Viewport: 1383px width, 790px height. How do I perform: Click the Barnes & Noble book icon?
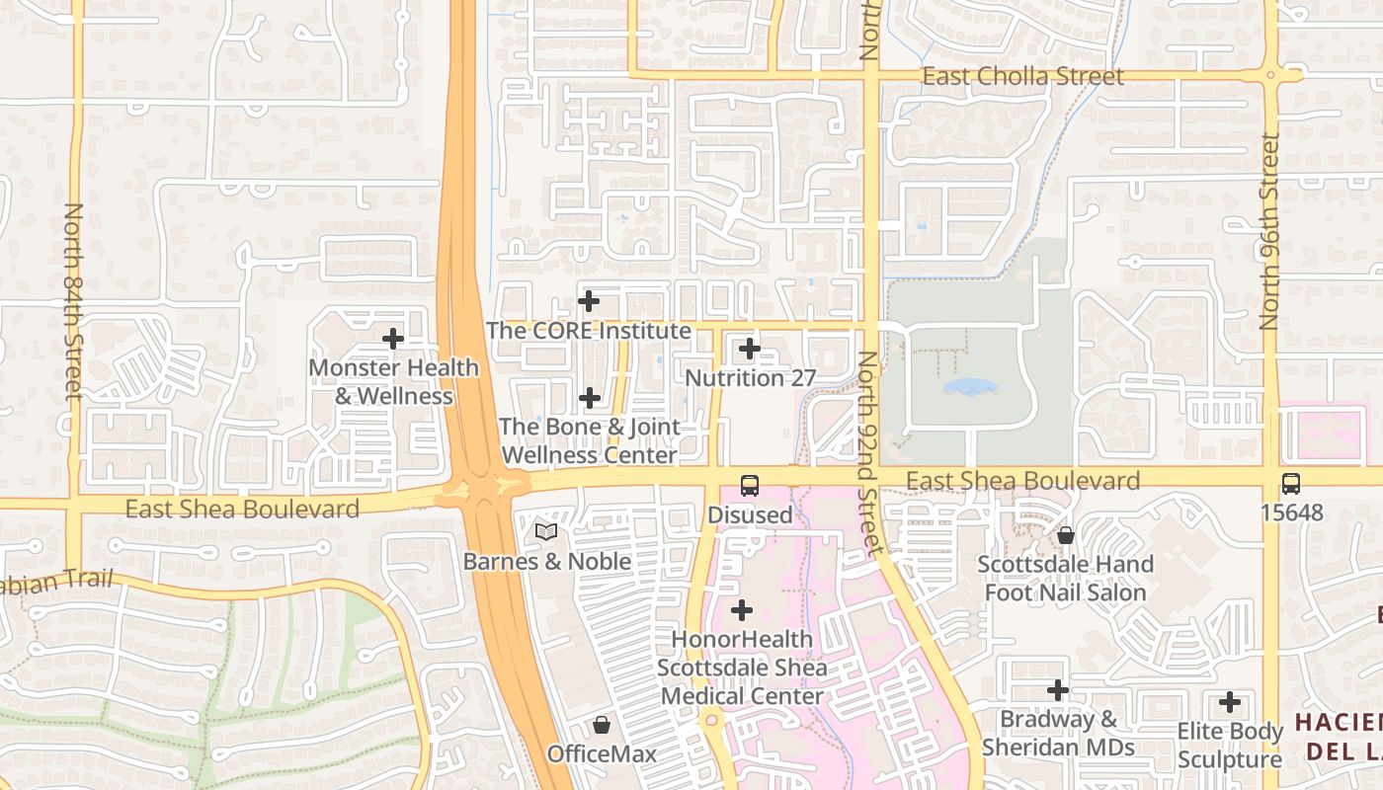[x=546, y=532]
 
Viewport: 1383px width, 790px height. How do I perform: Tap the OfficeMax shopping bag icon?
[x=601, y=726]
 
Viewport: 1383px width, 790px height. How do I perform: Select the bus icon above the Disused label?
[x=750, y=486]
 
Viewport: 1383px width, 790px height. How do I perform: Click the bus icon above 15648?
[x=1290, y=484]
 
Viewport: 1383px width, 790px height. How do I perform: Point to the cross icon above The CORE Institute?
[x=589, y=301]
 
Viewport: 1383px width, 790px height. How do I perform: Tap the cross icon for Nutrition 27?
[x=750, y=349]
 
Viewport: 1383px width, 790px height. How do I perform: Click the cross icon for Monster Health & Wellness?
[x=393, y=339]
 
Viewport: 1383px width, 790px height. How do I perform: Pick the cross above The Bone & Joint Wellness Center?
[x=590, y=398]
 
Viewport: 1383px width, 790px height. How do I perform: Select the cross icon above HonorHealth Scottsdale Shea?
[x=741, y=610]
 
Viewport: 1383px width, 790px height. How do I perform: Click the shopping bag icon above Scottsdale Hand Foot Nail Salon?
[x=1066, y=535]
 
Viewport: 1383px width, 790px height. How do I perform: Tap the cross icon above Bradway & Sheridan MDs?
[x=1058, y=690]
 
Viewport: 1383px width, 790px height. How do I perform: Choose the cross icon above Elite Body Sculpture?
[x=1230, y=702]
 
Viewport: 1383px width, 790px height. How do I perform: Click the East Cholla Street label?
[x=1022, y=77]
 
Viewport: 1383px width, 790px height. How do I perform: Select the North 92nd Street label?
[x=868, y=454]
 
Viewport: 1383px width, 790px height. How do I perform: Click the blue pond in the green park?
[x=969, y=386]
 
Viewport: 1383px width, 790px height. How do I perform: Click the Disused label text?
[x=750, y=514]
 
